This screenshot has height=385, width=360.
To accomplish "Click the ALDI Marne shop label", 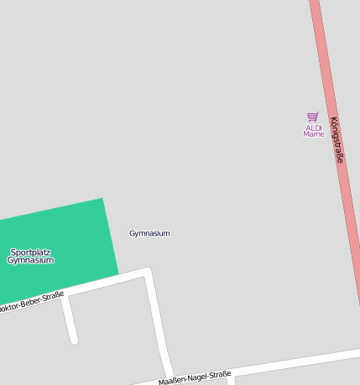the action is (313, 131).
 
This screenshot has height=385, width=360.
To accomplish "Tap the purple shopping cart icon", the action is (313, 117).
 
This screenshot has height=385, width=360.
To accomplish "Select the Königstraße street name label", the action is (337, 139).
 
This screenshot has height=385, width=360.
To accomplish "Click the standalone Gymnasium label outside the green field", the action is (149, 233).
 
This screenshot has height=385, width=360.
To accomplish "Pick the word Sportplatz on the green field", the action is (30, 252).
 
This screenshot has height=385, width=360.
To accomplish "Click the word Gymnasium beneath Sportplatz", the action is (30, 260).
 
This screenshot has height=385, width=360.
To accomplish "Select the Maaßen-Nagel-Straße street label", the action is (194, 378).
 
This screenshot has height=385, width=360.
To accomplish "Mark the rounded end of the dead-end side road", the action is (74, 340).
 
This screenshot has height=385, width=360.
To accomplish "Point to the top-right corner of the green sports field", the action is (102, 200).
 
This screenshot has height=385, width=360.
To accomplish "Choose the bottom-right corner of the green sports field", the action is (117, 273).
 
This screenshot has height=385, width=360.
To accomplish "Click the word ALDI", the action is (313, 127).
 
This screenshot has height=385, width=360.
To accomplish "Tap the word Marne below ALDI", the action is (313, 134).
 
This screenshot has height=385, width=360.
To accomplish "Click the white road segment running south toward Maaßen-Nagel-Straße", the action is (157, 323).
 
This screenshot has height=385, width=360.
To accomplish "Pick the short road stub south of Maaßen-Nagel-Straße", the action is (231, 380).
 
